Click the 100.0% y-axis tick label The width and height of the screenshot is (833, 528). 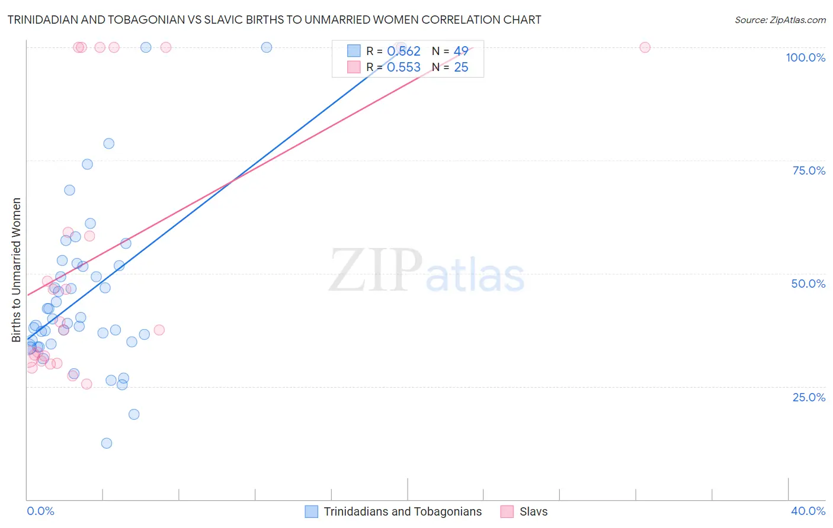tap(805, 57)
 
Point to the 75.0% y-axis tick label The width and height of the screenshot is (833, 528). tap(809, 170)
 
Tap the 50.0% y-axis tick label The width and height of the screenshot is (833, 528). tap(808, 284)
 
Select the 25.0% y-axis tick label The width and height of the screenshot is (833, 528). tap(809, 397)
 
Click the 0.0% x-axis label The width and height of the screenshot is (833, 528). tap(40, 511)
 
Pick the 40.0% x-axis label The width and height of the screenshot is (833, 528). tap(808, 511)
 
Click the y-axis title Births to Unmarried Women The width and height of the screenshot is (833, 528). tap(17, 270)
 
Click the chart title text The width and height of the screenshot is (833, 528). tap(274, 20)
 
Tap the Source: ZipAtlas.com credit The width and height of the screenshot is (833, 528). tap(780, 20)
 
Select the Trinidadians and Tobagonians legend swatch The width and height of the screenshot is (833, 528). tap(312, 511)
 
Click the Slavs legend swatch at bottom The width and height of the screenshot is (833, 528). tap(507, 511)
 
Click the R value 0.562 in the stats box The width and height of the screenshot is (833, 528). tap(403, 51)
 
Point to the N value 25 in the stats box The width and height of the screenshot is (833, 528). tap(461, 67)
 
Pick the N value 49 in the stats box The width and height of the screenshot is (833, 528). tap(461, 51)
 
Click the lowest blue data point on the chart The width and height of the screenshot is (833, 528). tap(107, 443)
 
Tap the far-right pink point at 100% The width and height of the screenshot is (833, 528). tap(645, 47)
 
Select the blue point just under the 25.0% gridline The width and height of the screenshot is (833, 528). tap(122, 385)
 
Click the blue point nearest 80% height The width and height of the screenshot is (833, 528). tap(109, 144)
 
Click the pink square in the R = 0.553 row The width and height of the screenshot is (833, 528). tap(354, 67)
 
